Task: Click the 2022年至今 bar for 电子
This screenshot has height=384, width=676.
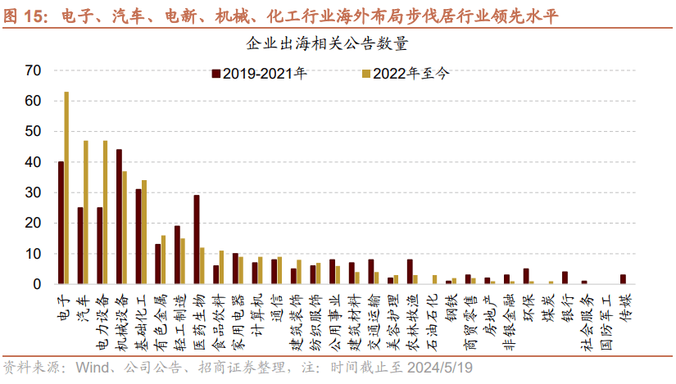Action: (x=66, y=188)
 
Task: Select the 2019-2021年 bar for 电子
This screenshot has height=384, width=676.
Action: (x=61, y=224)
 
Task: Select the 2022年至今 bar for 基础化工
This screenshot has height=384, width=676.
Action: (x=143, y=233)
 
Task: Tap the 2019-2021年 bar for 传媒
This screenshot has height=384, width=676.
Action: (x=622, y=280)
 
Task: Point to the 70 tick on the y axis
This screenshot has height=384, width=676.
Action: (x=32, y=70)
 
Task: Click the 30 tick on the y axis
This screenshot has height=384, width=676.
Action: (x=32, y=192)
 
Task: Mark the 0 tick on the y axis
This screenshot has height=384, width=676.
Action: (x=36, y=284)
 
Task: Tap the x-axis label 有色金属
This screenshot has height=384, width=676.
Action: (x=161, y=315)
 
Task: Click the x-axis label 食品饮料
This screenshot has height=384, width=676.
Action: (x=219, y=315)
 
